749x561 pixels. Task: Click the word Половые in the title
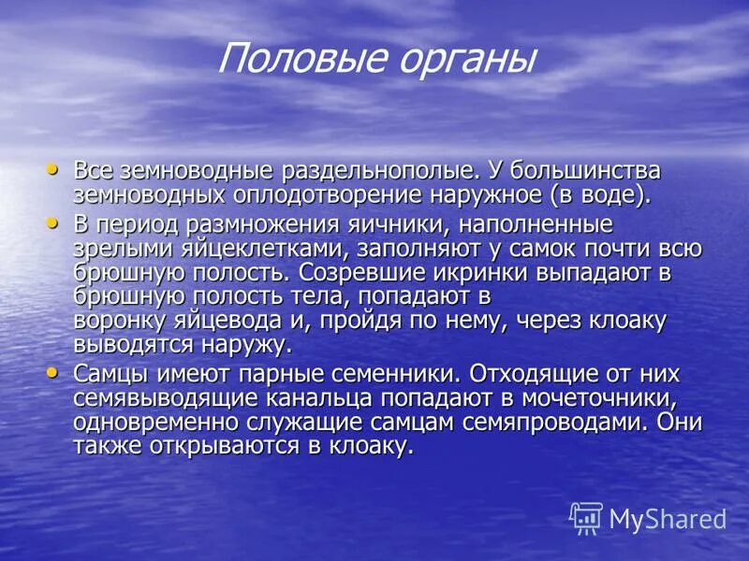pyautogui.click(x=292, y=60)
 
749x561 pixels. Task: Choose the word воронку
pyautogui.click(x=121, y=321)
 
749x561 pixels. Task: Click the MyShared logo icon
pyautogui.click(x=586, y=518)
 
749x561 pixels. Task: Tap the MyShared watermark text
pyautogui.click(x=668, y=519)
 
